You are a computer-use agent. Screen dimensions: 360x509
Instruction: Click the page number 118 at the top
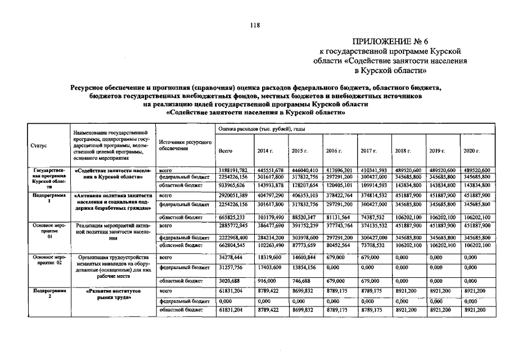click(x=254, y=24)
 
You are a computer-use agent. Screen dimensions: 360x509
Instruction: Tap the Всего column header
click(x=225, y=151)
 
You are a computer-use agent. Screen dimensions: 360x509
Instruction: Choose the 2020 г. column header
click(x=471, y=151)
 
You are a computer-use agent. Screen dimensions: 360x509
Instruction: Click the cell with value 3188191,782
click(x=233, y=169)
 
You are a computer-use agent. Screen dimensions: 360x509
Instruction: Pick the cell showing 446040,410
click(x=304, y=169)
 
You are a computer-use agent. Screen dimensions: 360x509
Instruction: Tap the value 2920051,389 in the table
click(x=233, y=196)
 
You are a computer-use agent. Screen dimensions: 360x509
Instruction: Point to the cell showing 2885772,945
click(x=233, y=224)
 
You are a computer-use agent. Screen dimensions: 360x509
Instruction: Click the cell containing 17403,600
click(x=269, y=267)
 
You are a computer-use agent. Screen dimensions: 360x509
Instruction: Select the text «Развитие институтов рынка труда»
click(x=114, y=294)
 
